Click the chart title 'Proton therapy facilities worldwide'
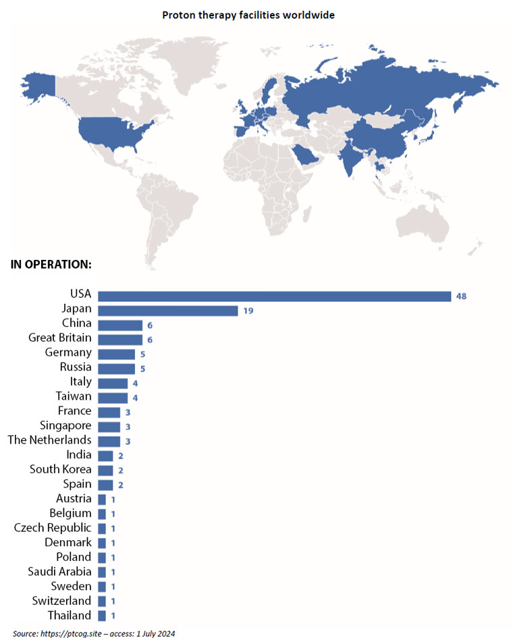256,13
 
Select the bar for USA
274,296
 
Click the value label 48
462,296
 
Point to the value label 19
248,311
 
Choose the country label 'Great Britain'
60,338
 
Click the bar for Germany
116,353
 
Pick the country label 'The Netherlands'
49,440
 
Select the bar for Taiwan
113,397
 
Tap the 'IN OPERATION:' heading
51,264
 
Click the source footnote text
94,633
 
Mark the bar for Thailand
102,615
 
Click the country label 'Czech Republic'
53,527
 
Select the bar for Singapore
109,426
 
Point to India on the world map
349,159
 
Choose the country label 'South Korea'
61,469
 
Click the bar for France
109,412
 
